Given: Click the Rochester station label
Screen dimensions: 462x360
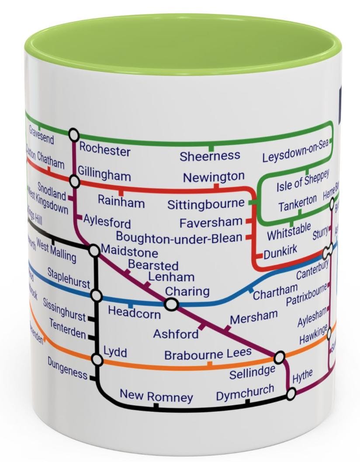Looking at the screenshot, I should (x=104, y=150).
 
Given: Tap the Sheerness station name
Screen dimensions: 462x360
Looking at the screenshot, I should (x=210, y=156).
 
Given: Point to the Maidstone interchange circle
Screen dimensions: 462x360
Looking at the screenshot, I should (x=94, y=250).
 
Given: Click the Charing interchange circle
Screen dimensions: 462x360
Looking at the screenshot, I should (x=171, y=304).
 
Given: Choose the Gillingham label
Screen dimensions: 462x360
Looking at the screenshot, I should (x=104, y=176).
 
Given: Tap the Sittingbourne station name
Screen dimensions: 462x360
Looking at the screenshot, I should (x=206, y=204).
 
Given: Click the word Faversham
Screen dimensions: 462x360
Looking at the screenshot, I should (x=211, y=222).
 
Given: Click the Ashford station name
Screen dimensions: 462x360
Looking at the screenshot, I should (x=176, y=334).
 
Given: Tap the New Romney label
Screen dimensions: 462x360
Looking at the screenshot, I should (x=156, y=396).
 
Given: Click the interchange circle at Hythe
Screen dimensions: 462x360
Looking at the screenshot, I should (x=291, y=394).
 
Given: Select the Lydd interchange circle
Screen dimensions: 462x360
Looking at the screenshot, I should (x=97, y=360).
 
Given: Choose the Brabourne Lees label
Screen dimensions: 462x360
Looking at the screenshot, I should (x=208, y=354).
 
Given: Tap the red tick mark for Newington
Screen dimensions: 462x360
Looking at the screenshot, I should (x=216, y=186).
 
